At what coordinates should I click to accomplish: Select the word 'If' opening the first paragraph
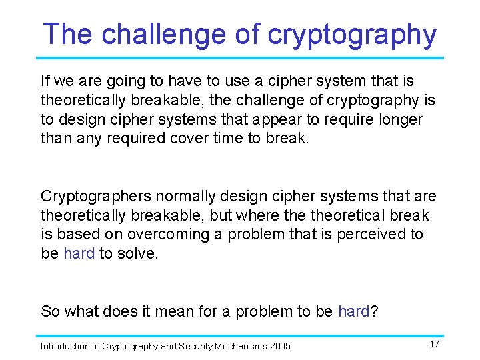pos(45,81)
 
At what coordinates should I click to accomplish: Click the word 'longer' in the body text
pos(399,119)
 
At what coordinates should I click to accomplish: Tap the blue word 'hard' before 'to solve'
pos(79,253)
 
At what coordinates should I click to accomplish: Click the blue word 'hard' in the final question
pos(353,311)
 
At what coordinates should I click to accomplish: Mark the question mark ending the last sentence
pos(374,311)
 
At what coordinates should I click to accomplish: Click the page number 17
pos(434,345)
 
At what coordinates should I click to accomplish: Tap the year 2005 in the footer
pos(279,346)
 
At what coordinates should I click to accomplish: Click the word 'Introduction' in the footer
pos(64,346)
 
